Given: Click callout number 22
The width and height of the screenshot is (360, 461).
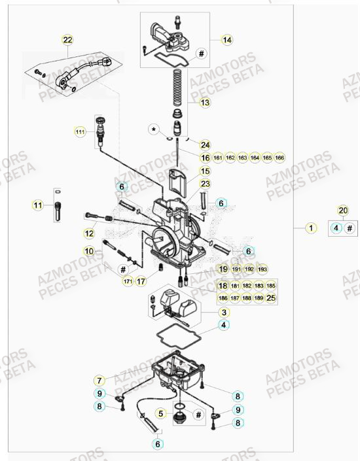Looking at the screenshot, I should [x=67, y=41].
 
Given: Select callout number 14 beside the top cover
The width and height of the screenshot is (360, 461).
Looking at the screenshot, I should [x=226, y=41].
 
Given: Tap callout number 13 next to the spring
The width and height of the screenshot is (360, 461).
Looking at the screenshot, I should [x=205, y=103].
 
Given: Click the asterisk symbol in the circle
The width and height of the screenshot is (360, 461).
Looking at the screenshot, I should [x=154, y=130].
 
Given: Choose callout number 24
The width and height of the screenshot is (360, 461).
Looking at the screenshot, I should [x=205, y=145].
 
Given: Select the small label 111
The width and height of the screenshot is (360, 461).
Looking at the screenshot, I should [x=81, y=132].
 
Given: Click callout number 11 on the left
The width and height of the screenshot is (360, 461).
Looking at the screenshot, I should [x=38, y=205].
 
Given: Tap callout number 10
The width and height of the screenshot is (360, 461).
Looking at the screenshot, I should [x=89, y=251].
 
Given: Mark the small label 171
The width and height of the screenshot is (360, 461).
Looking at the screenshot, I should [x=128, y=281].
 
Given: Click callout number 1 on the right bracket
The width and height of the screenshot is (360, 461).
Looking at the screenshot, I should [x=312, y=228].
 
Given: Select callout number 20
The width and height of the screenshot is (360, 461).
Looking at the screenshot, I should [x=342, y=211].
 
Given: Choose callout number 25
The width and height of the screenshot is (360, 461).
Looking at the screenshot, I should [x=272, y=298].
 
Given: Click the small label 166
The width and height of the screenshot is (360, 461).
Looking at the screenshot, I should [x=279, y=158].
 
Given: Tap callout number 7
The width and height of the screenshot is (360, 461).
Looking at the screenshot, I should [x=99, y=380].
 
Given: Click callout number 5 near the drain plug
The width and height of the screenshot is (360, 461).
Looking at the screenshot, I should [x=159, y=413].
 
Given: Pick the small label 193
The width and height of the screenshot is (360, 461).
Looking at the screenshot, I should [x=262, y=269].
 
